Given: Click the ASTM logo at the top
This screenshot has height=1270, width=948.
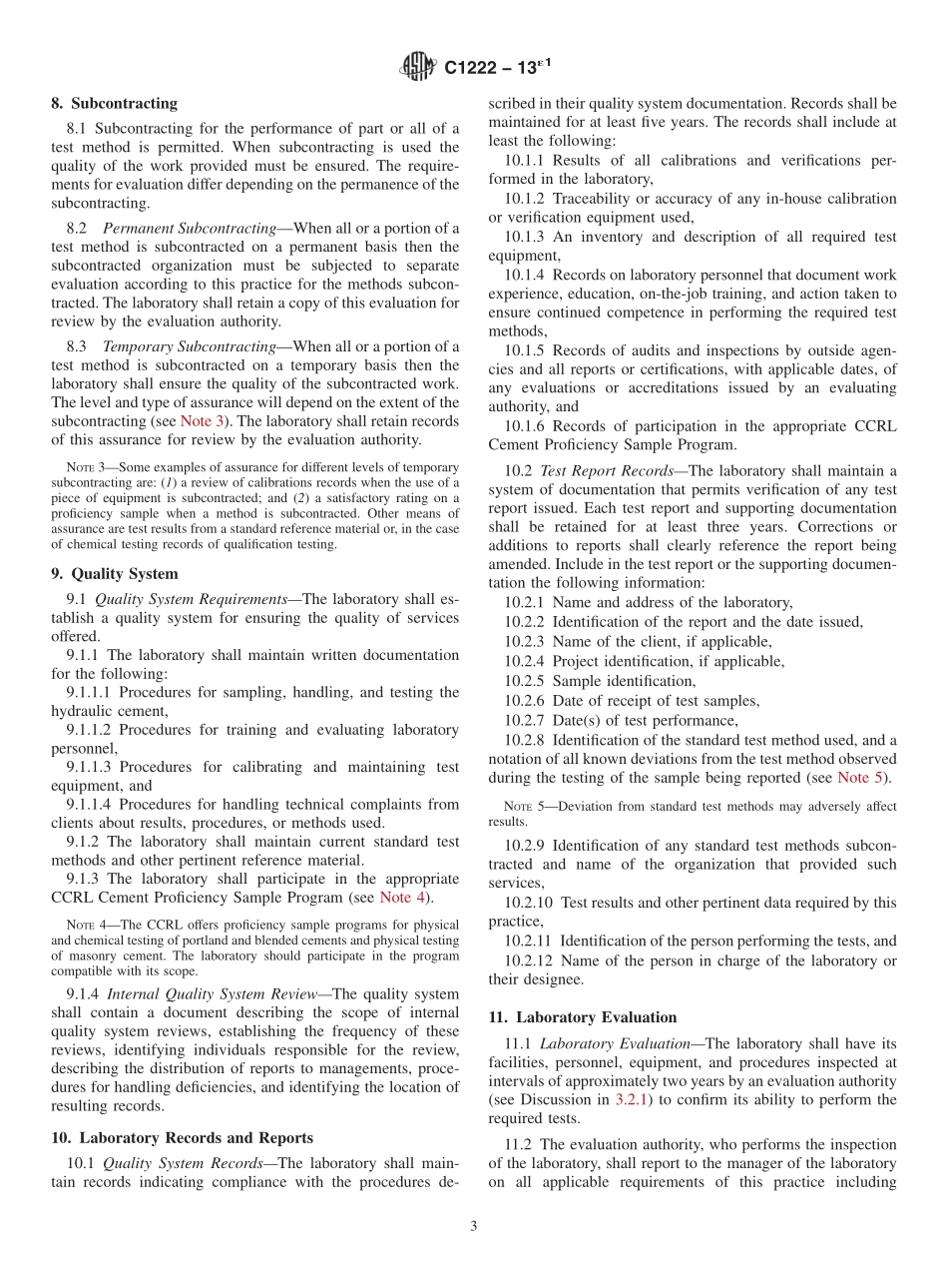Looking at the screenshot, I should coord(417,68).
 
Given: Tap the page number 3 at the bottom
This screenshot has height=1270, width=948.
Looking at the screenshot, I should coord(474,1226).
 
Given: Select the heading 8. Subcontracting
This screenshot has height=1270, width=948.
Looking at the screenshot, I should coord(114,103).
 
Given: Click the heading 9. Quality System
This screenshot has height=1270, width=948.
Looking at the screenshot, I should coord(115,574).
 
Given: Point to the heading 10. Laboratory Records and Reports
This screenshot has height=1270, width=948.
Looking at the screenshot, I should coord(182,1137).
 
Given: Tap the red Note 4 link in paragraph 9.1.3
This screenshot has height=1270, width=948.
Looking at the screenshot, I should coord(402,898).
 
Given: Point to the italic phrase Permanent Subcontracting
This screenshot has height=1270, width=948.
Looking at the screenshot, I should coord(189,229).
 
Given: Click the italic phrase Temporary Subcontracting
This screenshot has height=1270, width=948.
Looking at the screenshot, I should coord(189,346).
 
